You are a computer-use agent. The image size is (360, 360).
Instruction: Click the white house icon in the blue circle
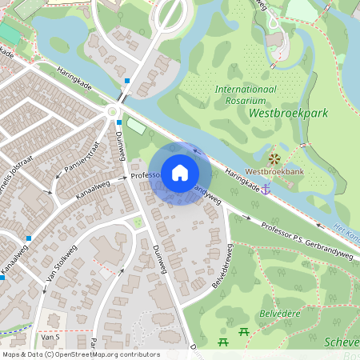pos(180,172)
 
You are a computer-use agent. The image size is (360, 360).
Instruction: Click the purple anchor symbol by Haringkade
pos(266,187)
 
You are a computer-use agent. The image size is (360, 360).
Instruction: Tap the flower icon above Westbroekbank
pos(274,158)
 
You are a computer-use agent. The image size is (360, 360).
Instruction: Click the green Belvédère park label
pos(280,313)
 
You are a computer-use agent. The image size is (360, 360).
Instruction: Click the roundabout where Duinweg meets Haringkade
pos(112,112)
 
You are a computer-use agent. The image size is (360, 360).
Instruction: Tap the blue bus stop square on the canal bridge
pos(127,81)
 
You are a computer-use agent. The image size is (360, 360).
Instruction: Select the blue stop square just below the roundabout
pos(118,122)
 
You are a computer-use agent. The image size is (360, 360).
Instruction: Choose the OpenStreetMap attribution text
pos(80,354)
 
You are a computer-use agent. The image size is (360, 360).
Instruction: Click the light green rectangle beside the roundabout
pos(137,126)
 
